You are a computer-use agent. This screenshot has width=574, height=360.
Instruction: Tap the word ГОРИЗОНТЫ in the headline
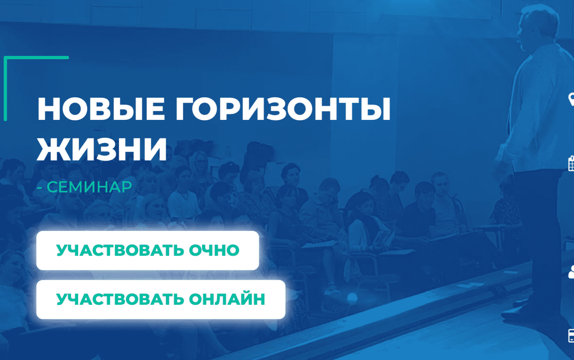tap(283, 109)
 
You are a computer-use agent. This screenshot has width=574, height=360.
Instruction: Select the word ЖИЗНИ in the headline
tap(102, 149)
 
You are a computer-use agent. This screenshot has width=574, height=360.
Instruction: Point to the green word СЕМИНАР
tap(89, 187)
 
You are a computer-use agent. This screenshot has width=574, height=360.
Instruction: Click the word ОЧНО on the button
tap(214, 251)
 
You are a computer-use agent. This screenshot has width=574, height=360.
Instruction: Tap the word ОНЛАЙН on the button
tap(227, 299)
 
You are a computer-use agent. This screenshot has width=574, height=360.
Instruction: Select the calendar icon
tap(571, 163)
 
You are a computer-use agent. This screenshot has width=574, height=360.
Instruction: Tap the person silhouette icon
tap(571, 272)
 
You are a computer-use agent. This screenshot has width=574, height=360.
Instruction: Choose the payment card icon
tap(570, 336)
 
